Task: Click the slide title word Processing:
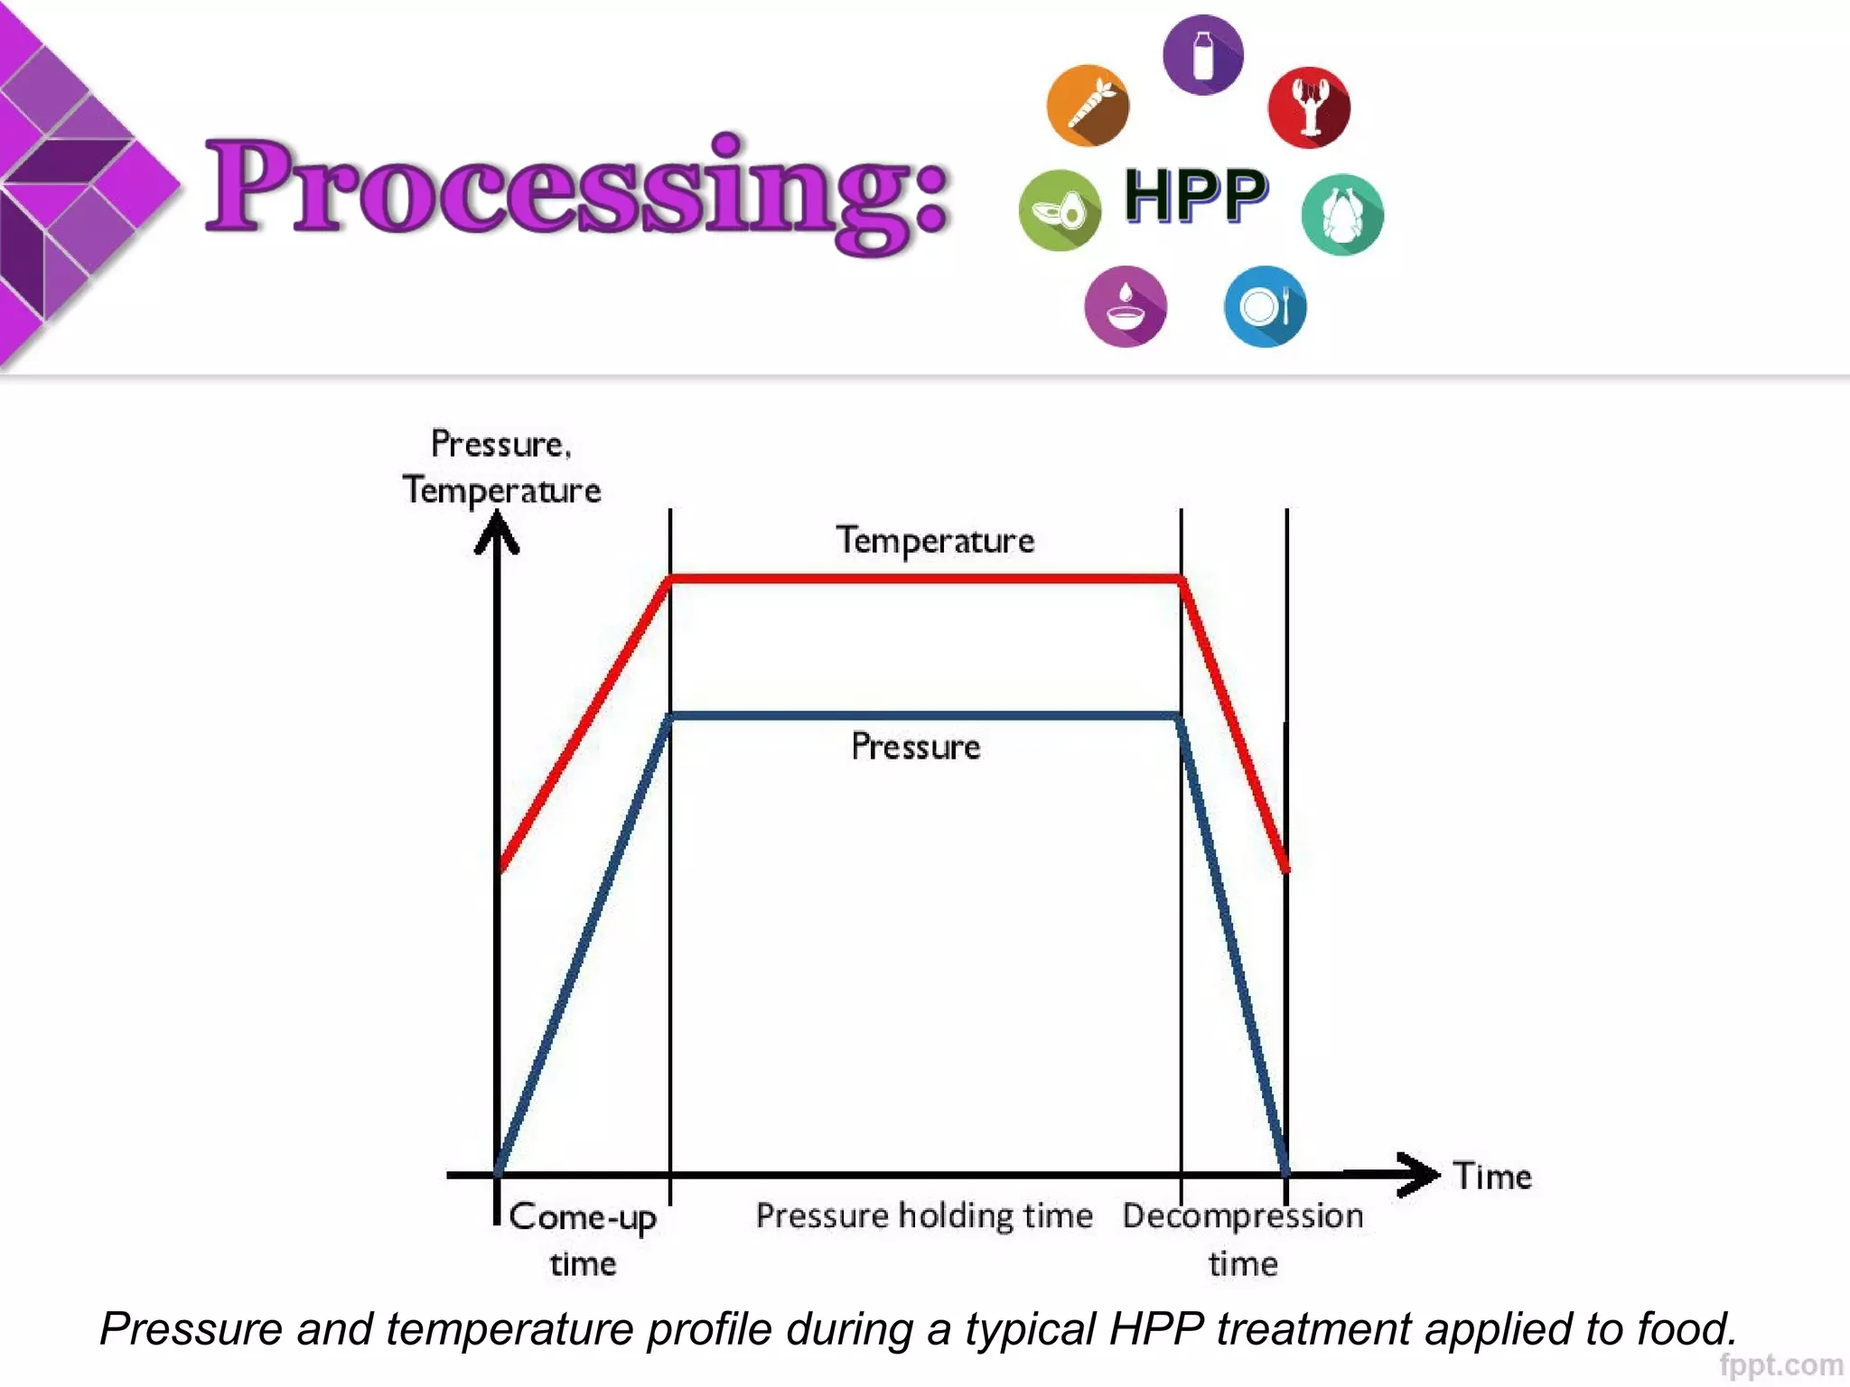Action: tap(578, 190)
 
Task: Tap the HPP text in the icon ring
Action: tap(1196, 196)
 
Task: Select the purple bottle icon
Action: tap(1202, 55)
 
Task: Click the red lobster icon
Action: tap(1309, 107)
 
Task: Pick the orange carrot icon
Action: tap(1088, 106)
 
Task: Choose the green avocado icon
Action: tap(1060, 210)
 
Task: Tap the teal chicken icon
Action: tap(1341, 214)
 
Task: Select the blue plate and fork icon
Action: tap(1265, 307)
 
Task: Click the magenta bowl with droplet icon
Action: tap(1125, 306)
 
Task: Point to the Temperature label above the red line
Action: tap(935, 541)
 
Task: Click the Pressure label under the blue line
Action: tap(915, 747)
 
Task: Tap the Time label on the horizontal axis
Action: tap(1492, 1177)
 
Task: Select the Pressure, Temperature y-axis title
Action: tap(501, 467)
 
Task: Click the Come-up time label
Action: tap(583, 1239)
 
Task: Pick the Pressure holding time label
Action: tap(924, 1215)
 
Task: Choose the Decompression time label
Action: tap(1243, 1239)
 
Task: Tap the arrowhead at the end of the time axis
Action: tap(1421, 1174)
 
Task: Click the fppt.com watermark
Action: tap(1780, 1364)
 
